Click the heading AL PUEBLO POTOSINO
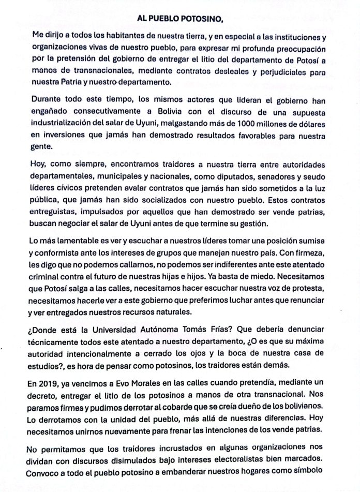(x=179, y=19)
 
